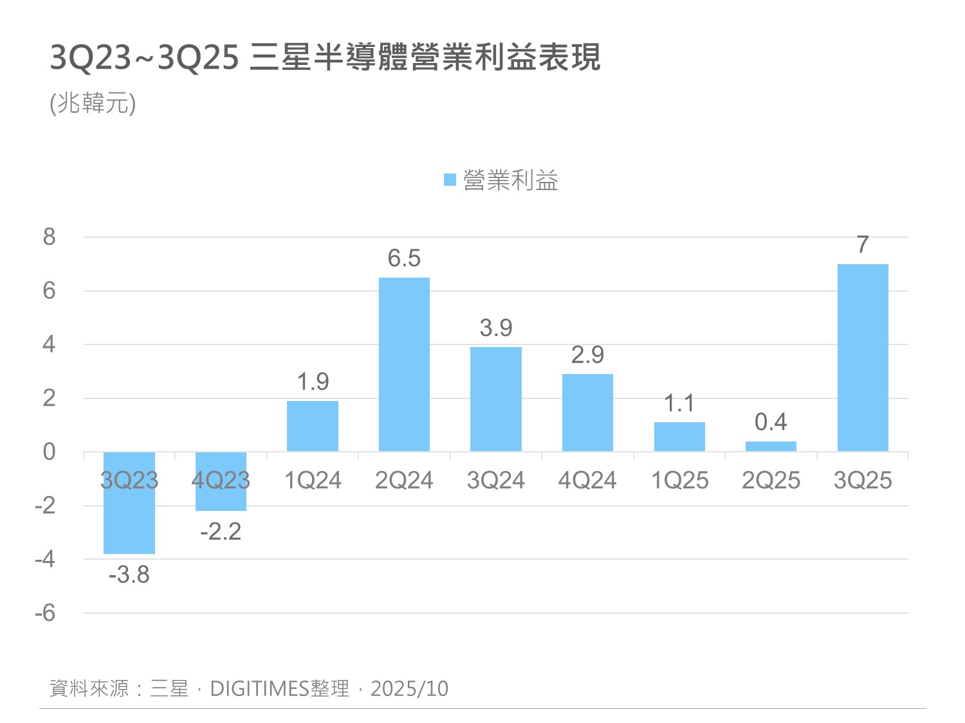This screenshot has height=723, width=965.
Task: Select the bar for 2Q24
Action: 404,364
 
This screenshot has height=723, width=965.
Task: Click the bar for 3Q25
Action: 863,357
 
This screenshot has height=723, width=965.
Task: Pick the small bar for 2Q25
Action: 771,447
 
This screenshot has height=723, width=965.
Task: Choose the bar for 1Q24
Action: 313,426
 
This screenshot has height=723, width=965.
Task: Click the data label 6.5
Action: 404,258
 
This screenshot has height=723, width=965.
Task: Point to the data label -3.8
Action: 129,575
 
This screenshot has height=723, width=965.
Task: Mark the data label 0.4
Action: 771,422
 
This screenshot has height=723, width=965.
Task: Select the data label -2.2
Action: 221,531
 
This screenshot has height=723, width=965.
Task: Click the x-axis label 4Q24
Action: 587,481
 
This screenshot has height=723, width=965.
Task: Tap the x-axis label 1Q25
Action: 679,481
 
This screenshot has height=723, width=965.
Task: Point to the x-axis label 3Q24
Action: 496,481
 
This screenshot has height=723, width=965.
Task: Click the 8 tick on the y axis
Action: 50,237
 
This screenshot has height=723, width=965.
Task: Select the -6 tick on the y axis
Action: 45,613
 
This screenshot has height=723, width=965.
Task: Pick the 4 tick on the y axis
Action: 50,344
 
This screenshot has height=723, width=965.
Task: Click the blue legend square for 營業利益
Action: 450,180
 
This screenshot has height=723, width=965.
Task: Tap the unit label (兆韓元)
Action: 93,103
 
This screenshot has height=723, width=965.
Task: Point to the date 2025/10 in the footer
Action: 409,689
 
